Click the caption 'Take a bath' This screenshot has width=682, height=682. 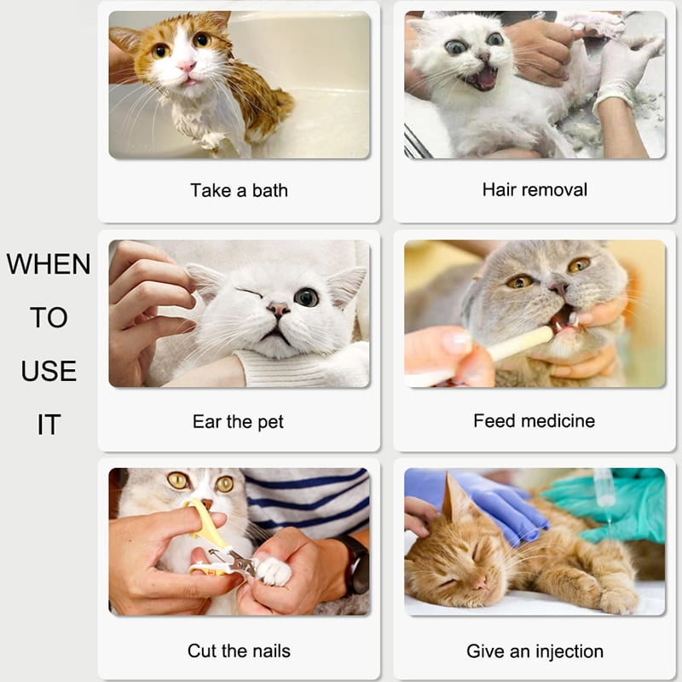pyautogui.click(x=239, y=190)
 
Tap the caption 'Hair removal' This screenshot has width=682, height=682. pyautogui.click(x=535, y=189)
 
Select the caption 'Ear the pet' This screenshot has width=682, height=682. pyautogui.click(x=238, y=421)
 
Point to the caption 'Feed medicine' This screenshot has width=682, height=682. pyautogui.click(x=534, y=420)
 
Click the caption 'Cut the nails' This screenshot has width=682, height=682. pyautogui.click(x=239, y=651)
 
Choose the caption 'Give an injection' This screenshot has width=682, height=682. pyautogui.click(x=535, y=651)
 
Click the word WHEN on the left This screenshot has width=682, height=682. pyautogui.click(x=49, y=264)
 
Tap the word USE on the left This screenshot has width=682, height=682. pyautogui.click(x=49, y=371)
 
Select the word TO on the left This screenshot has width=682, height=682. pyautogui.click(x=49, y=317)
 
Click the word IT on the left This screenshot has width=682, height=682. pyautogui.click(x=49, y=425)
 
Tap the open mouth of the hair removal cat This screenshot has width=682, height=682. pyautogui.click(x=483, y=79)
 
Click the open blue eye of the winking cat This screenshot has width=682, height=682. pyautogui.click(x=306, y=297)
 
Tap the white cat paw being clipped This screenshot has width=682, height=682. pyautogui.click(x=274, y=571)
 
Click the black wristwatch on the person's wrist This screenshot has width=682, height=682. pyautogui.click(x=355, y=563)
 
